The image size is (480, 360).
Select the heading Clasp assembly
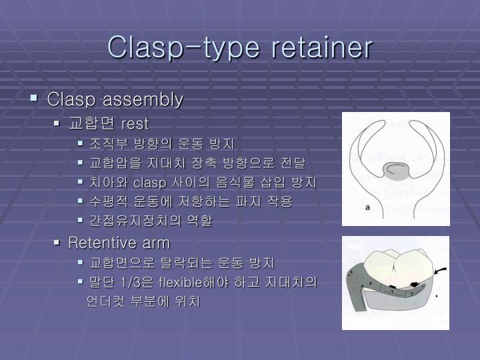tap(115, 100)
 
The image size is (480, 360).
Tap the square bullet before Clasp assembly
tap(34, 99)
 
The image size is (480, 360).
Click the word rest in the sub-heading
tap(135, 123)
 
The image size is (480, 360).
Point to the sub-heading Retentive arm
tap(119, 242)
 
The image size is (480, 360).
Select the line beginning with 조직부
tap(162, 143)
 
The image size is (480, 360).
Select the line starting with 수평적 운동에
tap(191, 201)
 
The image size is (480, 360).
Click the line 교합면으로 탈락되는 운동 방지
tap(181, 263)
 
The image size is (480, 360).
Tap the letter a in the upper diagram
tap(367, 207)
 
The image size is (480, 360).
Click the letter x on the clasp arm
tap(370, 285)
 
